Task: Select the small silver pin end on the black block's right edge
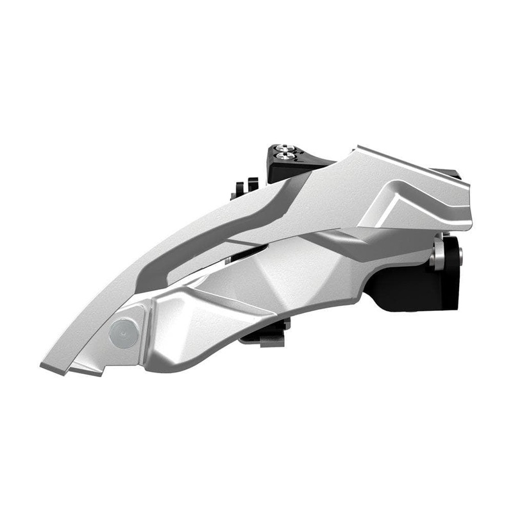(x=459, y=255)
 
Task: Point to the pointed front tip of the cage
(x=45, y=366)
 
